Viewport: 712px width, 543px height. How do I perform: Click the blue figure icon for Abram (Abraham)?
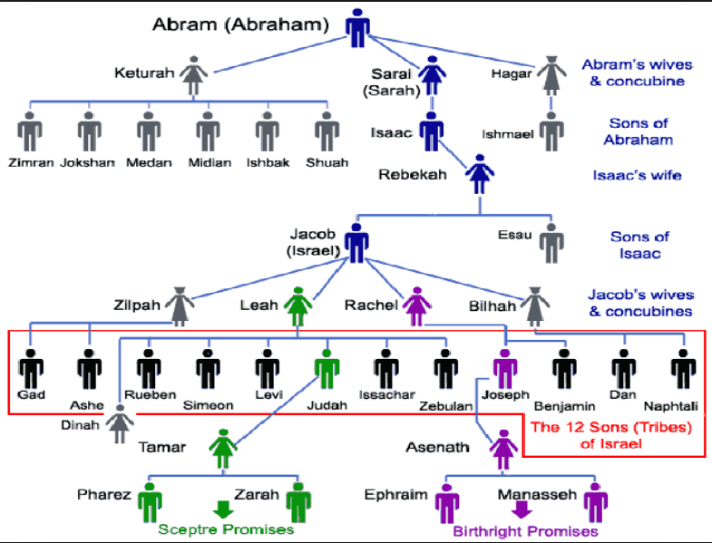point(357,28)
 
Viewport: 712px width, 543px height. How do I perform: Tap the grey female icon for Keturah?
point(194,75)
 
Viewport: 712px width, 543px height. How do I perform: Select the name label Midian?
point(210,162)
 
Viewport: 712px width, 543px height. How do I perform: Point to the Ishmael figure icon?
point(551,131)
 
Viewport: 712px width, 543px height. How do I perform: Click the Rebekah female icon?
point(480,174)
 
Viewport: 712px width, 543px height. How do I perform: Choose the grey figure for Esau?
point(551,243)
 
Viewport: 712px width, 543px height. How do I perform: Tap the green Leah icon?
point(297,306)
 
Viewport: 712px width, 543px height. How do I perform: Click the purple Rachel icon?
point(417,306)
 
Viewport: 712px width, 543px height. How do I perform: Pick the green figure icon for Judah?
point(327,369)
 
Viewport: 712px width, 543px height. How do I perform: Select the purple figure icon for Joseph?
point(505,369)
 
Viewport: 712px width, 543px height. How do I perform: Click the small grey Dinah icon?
point(120,423)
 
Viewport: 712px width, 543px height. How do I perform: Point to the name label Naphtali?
point(670,405)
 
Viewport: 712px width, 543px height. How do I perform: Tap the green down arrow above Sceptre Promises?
point(223,509)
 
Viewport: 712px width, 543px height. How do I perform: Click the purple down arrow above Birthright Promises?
point(522,509)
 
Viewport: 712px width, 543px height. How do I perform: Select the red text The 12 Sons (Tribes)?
point(611,427)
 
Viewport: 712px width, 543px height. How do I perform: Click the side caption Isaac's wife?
point(637,175)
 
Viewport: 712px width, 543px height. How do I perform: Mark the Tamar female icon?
point(223,449)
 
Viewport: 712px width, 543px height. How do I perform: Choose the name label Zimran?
point(31,162)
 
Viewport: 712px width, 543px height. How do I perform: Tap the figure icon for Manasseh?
point(596,502)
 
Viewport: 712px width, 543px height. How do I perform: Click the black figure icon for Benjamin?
point(564,369)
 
